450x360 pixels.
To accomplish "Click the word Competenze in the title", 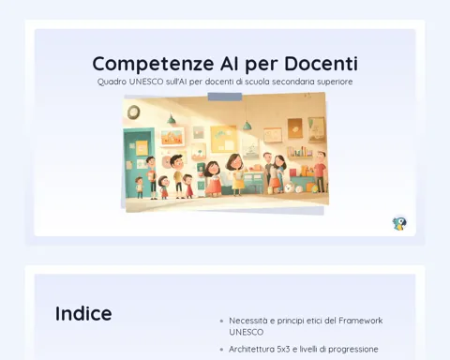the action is (x=153, y=64).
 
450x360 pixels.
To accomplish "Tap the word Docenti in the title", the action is (x=321, y=63).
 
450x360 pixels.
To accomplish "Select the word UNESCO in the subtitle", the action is (x=146, y=82).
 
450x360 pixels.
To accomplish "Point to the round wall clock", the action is (x=134, y=112).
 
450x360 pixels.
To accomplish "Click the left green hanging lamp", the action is (x=171, y=119).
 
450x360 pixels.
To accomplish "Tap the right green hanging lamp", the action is (x=247, y=125).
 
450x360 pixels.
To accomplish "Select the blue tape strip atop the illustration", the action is (x=225, y=97).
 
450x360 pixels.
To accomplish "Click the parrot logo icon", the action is (x=399, y=223).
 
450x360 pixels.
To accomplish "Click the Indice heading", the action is (x=83, y=313).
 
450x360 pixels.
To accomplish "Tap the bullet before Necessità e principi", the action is (x=221, y=321).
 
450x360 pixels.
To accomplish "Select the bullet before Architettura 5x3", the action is (x=221, y=350).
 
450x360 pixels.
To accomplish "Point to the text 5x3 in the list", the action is (x=283, y=349).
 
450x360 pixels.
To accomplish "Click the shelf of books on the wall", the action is (x=300, y=152).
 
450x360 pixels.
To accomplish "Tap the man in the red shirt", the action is (x=320, y=171).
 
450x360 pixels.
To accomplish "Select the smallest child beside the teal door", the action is (x=140, y=187).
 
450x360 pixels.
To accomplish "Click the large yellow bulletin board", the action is (x=223, y=139).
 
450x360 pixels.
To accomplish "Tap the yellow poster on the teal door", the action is (x=142, y=148).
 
